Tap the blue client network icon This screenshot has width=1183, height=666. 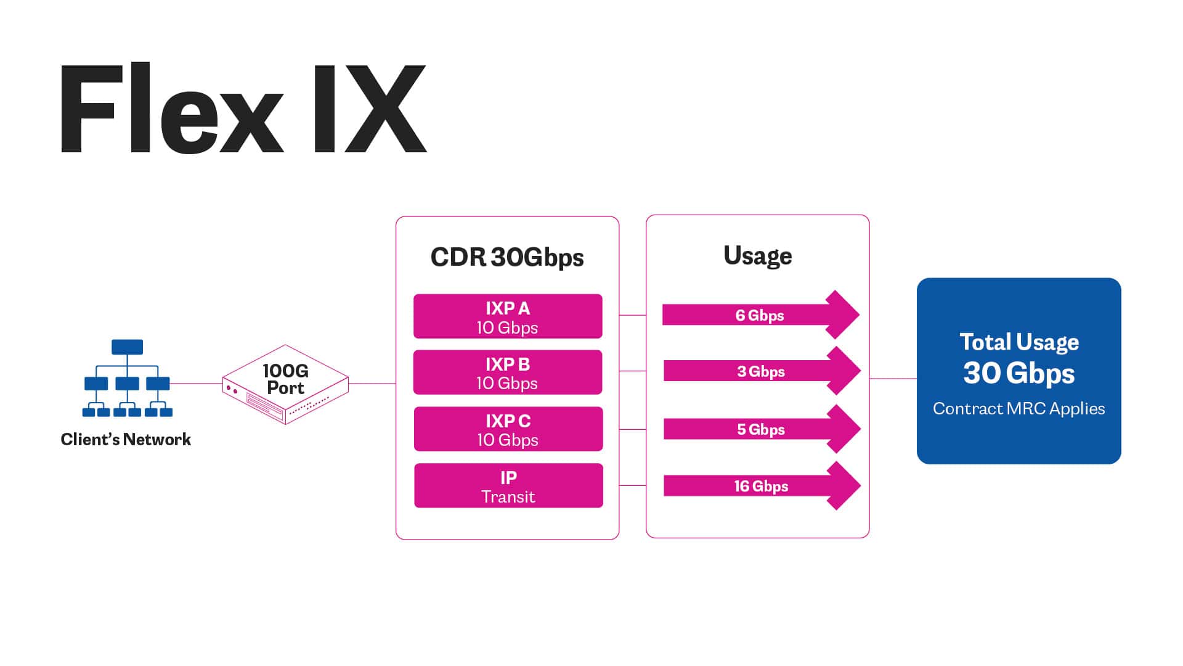tap(127, 377)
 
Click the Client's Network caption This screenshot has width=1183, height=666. tap(126, 440)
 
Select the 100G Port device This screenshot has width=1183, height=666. tap(285, 384)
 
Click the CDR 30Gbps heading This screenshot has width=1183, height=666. tap(506, 257)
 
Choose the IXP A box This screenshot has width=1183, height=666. tap(508, 316)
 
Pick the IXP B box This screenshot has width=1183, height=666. tap(508, 372)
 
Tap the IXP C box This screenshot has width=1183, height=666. tap(508, 429)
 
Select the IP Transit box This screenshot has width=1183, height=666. tap(508, 486)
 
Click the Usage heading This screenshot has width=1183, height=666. tap(757, 255)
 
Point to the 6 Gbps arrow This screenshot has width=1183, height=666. tap(760, 315)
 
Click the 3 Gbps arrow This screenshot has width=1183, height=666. tap(761, 371)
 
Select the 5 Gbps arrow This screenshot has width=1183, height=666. tap(761, 429)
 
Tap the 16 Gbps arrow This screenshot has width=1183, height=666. tap(761, 486)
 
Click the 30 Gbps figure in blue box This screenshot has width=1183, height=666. tap(1018, 374)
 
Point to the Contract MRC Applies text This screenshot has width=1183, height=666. tap(1018, 409)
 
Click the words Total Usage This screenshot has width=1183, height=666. tap(1018, 342)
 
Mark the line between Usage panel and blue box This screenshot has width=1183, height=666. tap(893, 379)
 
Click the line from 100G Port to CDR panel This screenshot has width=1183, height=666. tap(372, 384)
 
